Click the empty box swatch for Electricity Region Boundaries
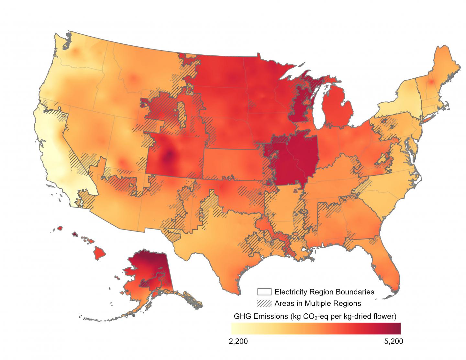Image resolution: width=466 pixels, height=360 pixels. click(x=264, y=292)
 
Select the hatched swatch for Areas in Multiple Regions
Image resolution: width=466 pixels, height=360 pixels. click(x=264, y=303)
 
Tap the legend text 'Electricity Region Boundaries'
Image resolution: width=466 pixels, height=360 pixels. click(x=324, y=292)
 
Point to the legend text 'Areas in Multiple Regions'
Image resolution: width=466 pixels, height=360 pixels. click(x=317, y=303)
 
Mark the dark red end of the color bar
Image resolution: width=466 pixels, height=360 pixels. click(x=398, y=328)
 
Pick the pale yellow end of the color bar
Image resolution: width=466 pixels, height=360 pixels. click(x=234, y=328)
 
